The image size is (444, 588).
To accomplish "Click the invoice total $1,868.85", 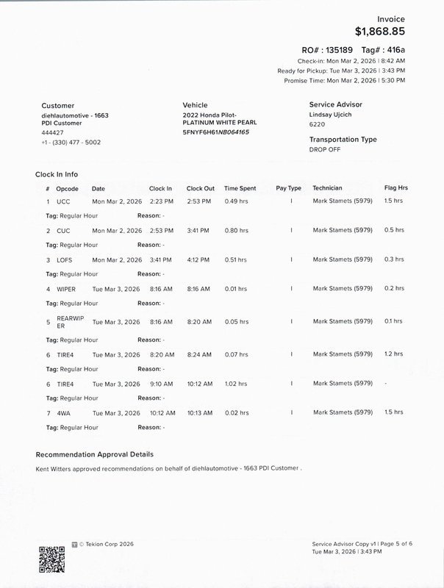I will pos(379,32).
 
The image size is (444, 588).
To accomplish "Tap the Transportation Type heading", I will pos(343,139).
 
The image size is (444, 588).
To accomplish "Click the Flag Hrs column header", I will pos(395,188).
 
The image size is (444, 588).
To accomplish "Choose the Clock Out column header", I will pos(200,188).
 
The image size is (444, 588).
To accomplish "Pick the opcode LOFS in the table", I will pos(65,259).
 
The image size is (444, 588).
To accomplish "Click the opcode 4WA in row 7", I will pos(63,412).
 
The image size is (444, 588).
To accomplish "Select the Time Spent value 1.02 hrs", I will pos(235,384).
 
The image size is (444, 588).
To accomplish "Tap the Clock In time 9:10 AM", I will pos(160,384).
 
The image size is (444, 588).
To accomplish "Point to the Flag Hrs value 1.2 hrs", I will pos(394,354).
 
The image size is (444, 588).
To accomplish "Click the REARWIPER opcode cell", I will pos(65,321).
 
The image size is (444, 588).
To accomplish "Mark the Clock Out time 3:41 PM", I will pos(198,230).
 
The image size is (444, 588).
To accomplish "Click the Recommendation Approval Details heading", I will pos(94,454).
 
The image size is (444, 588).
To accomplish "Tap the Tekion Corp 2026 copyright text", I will pos(107,545).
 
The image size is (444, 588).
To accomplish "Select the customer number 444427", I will pos(52,132).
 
